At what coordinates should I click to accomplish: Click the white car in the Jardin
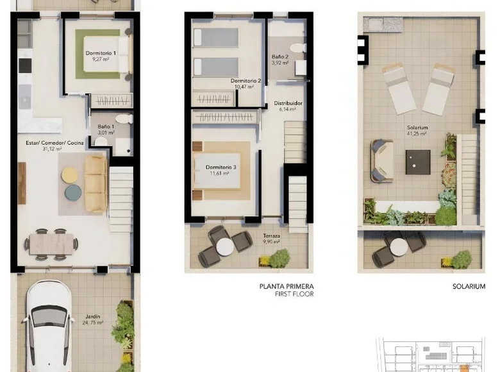click(48, 327)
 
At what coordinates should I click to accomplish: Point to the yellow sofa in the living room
click(96, 183)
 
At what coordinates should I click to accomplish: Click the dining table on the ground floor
click(52, 244)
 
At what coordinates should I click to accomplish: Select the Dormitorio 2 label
click(246, 83)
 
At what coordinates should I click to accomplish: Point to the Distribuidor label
click(288, 106)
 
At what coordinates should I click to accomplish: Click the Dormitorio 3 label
click(221, 170)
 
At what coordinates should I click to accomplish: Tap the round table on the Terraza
click(225, 247)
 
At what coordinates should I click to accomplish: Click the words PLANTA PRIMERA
click(286, 287)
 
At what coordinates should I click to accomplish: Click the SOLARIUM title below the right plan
click(469, 287)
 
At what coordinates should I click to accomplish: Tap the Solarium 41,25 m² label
click(417, 130)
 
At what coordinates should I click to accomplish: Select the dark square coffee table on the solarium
click(417, 162)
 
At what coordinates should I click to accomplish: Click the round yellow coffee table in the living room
click(70, 174)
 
